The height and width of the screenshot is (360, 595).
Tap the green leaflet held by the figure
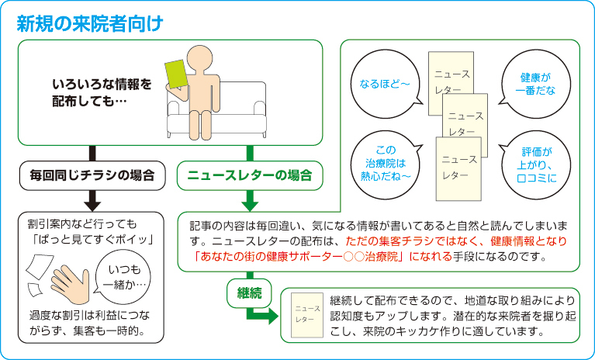(x=178, y=75)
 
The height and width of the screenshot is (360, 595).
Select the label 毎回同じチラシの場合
(x=93, y=175)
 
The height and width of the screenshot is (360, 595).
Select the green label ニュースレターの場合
(x=250, y=175)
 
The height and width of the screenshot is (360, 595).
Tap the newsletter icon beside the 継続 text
(x=305, y=314)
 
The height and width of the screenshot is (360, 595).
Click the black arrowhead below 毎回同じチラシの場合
(x=93, y=204)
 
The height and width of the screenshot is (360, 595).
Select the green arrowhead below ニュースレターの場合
(x=249, y=204)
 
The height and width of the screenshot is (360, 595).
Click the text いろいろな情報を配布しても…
(x=102, y=92)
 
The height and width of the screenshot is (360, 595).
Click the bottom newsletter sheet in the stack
(x=458, y=166)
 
